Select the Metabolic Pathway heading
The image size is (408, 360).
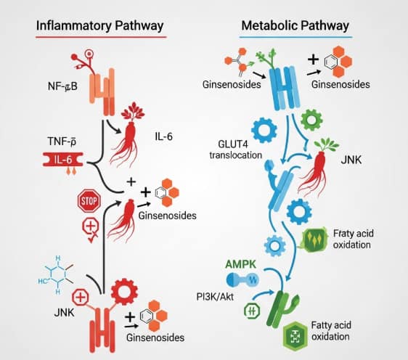pos(295,25)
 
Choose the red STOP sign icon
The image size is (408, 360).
pos(87,200)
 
